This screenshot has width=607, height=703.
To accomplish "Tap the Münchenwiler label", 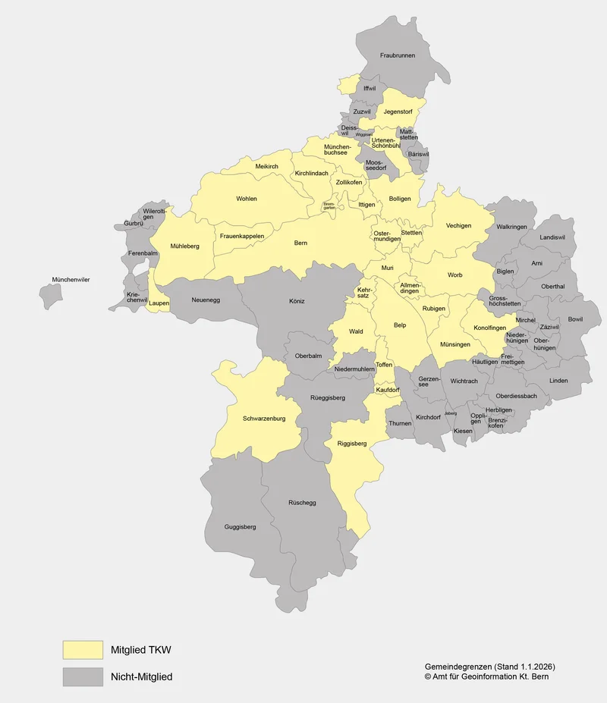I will click(71, 281).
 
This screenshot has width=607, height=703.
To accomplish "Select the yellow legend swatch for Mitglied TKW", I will click(83, 650).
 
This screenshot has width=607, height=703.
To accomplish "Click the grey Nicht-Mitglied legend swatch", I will click(83, 676).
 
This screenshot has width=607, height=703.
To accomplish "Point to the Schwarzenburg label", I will click(263, 419).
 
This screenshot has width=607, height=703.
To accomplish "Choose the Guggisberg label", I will click(240, 526).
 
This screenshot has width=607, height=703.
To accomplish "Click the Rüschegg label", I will click(302, 502).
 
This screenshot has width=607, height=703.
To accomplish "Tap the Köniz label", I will click(297, 301).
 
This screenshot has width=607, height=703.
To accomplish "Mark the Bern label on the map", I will click(300, 243).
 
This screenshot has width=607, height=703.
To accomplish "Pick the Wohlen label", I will click(247, 199).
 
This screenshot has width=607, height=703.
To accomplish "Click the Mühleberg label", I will click(184, 246).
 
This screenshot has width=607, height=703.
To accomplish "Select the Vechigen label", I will click(458, 225).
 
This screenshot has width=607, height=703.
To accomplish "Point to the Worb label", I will click(454, 275).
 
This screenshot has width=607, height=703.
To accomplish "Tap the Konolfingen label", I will click(489, 328).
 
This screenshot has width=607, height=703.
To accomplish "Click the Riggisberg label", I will click(351, 443).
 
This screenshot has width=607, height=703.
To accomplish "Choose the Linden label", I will click(558, 381).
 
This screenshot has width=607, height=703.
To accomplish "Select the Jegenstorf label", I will click(398, 111).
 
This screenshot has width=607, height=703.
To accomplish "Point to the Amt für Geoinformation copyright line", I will click(486, 676).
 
